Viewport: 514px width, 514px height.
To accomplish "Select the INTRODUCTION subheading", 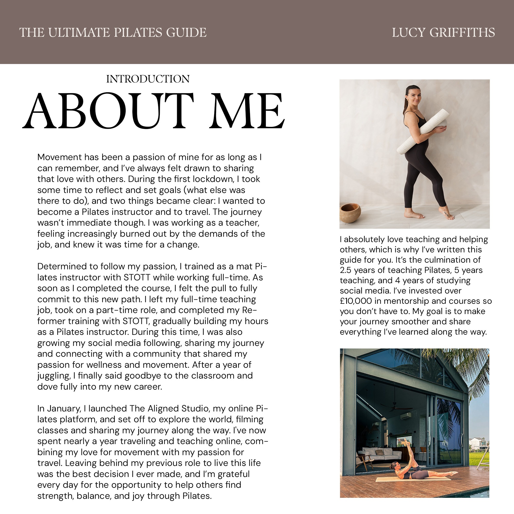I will coord(148,79).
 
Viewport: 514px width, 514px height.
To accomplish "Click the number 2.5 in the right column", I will coord(346,270).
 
